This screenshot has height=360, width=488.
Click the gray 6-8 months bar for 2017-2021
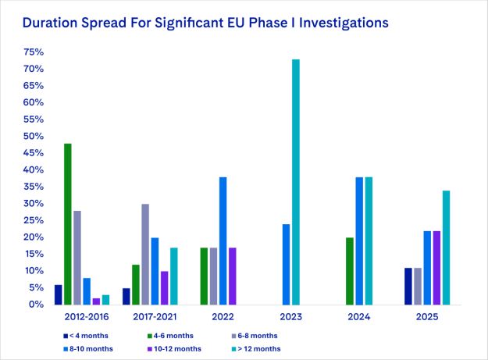[145, 254]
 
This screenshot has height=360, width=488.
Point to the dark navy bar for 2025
[408, 286]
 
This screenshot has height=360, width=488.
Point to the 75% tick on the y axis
[34, 52]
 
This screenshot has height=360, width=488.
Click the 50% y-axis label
[34, 136]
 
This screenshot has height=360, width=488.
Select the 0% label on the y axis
[36, 304]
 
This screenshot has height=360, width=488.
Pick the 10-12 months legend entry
[175, 349]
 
